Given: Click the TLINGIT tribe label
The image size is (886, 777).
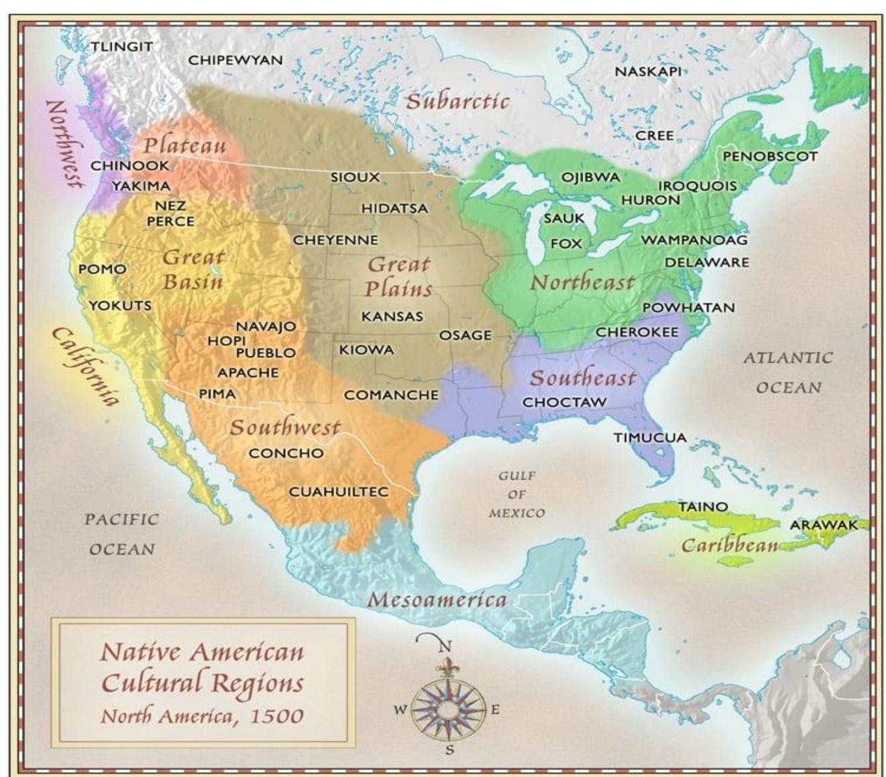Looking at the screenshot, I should [121, 47].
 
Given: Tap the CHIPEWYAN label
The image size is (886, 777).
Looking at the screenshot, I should [235, 60].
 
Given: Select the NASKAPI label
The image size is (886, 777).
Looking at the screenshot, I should [647, 71].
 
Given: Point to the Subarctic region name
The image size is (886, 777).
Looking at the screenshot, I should [458, 101].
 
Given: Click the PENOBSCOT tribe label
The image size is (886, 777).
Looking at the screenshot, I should [770, 157].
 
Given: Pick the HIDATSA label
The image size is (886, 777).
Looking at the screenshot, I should [394, 208].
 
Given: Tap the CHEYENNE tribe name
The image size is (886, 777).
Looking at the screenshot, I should [335, 240].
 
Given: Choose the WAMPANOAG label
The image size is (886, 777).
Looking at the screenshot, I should [694, 240].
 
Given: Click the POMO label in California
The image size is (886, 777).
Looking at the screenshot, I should [102, 269].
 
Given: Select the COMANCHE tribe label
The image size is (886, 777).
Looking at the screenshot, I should [391, 395].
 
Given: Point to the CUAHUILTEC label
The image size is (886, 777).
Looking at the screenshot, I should [339, 492].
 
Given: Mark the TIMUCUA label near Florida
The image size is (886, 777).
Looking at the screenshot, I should [649, 437].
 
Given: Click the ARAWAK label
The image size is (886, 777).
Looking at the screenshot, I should [823, 525].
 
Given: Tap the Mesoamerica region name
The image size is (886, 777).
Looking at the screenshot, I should [437, 600].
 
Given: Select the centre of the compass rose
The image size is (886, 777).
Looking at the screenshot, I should [448, 710].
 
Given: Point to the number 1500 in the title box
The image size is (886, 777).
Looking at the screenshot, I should [276, 716].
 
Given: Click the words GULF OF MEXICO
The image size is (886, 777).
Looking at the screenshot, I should [517, 494].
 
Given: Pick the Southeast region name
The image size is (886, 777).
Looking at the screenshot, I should [583, 378].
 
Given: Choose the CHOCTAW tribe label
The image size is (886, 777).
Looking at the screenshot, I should [564, 402].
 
